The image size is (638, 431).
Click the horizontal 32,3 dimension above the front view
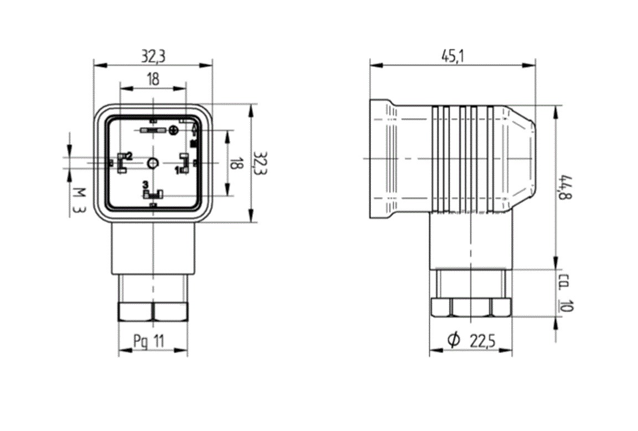[x=153, y=56]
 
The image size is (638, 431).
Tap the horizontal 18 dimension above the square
[x=153, y=79]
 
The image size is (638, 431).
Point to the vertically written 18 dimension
[x=236, y=163]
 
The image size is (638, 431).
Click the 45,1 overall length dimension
[x=453, y=56]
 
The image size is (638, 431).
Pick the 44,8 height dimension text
[x=566, y=188]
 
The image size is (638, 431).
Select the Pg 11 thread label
[x=149, y=341]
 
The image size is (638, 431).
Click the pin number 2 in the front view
[x=129, y=156]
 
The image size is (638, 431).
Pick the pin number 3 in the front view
[x=146, y=184]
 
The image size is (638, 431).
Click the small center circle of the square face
[x=153, y=163]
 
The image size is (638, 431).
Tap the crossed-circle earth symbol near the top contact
[x=174, y=130]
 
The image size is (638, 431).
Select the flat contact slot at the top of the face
[x=152, y=130]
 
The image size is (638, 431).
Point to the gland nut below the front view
[x=153, y=312]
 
